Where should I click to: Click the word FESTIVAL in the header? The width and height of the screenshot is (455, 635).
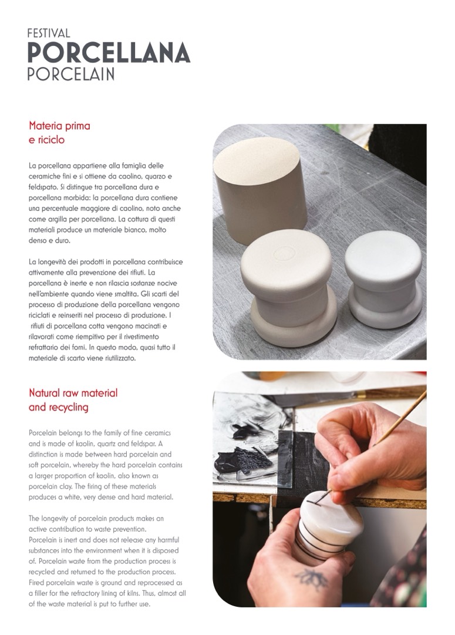(x=49, y=33)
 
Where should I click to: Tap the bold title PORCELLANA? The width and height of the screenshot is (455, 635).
(x=109, y=53)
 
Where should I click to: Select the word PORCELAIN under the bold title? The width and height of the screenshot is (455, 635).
(x=71, y=73)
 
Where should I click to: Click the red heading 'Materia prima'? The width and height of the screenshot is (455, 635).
(x=59, y=126)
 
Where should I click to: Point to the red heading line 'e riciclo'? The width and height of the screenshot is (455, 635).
(x=46, y=140)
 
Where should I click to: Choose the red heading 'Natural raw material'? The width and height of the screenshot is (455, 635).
(x=73, y=393)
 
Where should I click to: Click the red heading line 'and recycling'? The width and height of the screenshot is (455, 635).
(x=59, y=407)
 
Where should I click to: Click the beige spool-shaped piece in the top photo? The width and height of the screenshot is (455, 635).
(x=289, y=287)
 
